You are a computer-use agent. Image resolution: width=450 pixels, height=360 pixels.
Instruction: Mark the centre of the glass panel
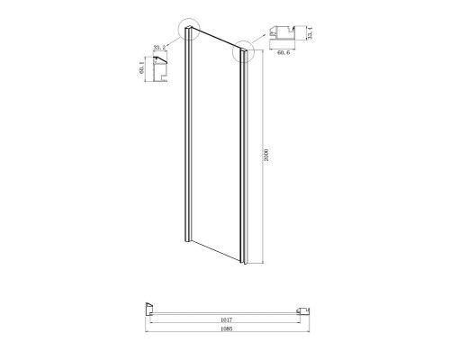215,148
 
